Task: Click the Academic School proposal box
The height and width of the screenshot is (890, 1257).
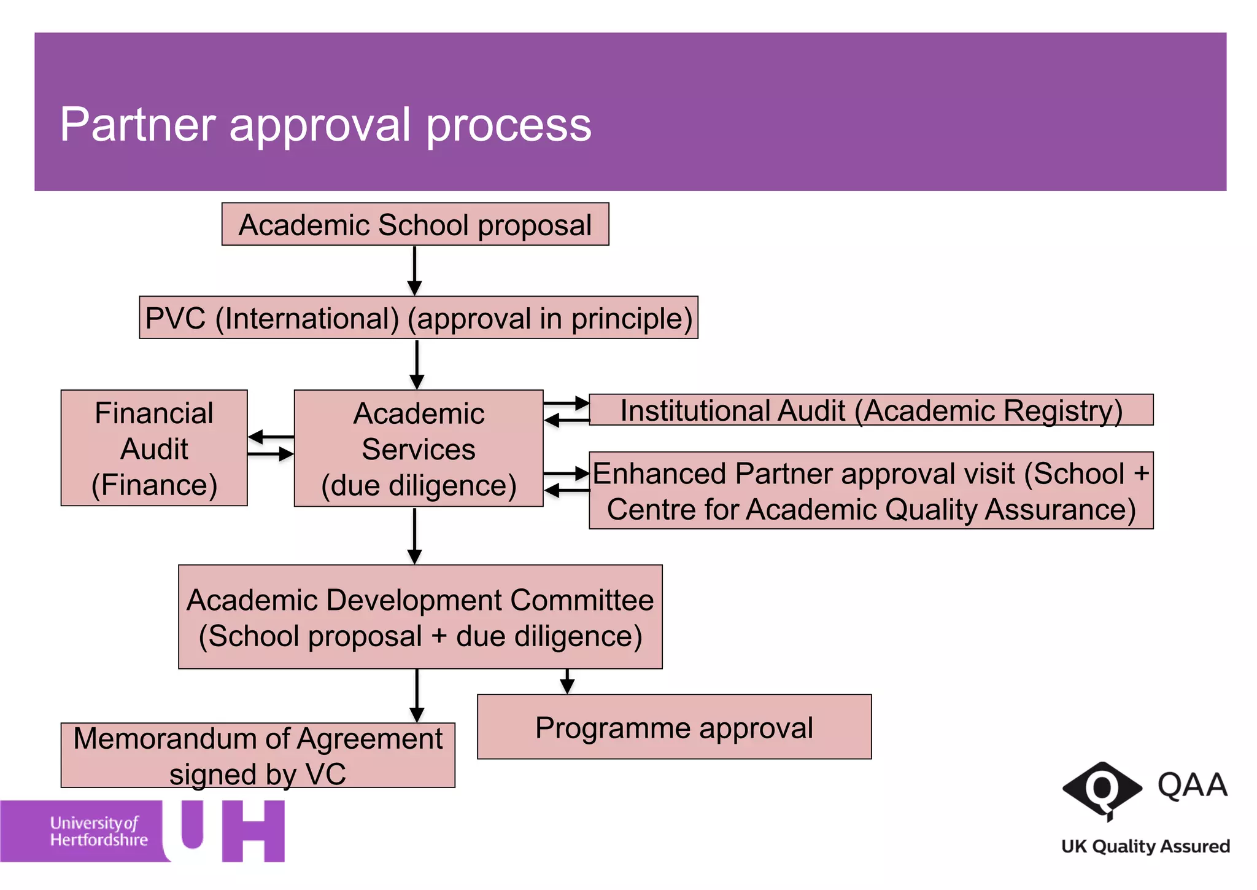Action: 415,224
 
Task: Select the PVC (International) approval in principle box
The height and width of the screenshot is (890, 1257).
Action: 419,318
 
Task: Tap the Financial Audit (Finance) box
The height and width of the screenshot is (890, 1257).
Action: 154,448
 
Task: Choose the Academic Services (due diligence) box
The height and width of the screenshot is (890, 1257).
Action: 419,448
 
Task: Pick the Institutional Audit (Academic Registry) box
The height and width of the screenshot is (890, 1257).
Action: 871,410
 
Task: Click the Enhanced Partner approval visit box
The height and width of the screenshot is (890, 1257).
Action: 871,491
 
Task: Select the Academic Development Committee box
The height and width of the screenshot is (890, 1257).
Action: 420,617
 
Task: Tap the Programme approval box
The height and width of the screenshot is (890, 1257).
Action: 674,727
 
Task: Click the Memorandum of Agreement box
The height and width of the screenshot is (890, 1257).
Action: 258,755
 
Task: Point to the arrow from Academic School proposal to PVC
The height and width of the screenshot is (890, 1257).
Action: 415,271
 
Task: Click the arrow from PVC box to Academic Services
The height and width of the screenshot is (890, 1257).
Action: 417,364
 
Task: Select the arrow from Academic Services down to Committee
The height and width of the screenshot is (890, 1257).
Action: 415,536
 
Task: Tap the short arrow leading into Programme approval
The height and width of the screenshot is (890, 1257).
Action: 567,681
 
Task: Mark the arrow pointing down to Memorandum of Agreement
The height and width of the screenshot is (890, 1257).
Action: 417,695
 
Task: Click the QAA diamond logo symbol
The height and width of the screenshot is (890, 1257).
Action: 1102,790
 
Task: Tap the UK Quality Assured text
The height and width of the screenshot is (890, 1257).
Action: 1145,846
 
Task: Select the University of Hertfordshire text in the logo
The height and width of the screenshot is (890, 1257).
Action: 98,831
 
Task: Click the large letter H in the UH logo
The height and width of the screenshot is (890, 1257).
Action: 253,830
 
